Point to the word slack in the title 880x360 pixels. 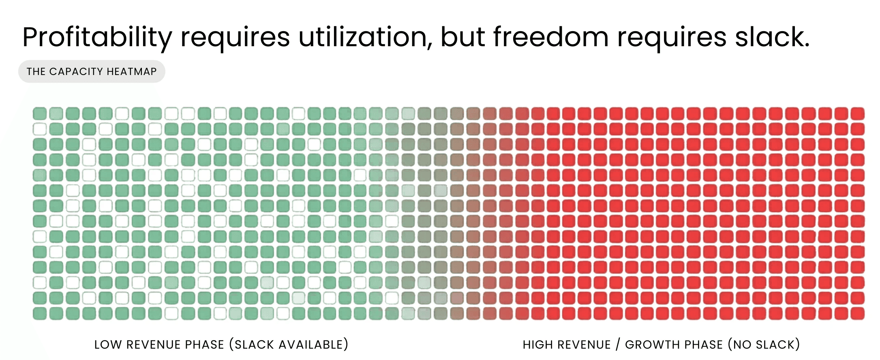(x=771, y=37)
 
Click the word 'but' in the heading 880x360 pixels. (x=463, y=37)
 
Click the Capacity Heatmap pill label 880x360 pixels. (x=92, y=72)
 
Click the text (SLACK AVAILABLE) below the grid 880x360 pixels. (x=289, y=345)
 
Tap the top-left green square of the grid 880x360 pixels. (x=40, y=114)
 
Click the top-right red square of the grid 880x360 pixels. (x=857, y=114)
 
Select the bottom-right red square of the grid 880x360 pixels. (x=857, y=313)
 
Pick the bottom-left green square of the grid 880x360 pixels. (x=40, y=313)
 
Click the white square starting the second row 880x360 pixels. (x=40, y=129)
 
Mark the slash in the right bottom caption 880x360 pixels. (x=618, y=345)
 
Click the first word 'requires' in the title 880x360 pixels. (x=235, y=37)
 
